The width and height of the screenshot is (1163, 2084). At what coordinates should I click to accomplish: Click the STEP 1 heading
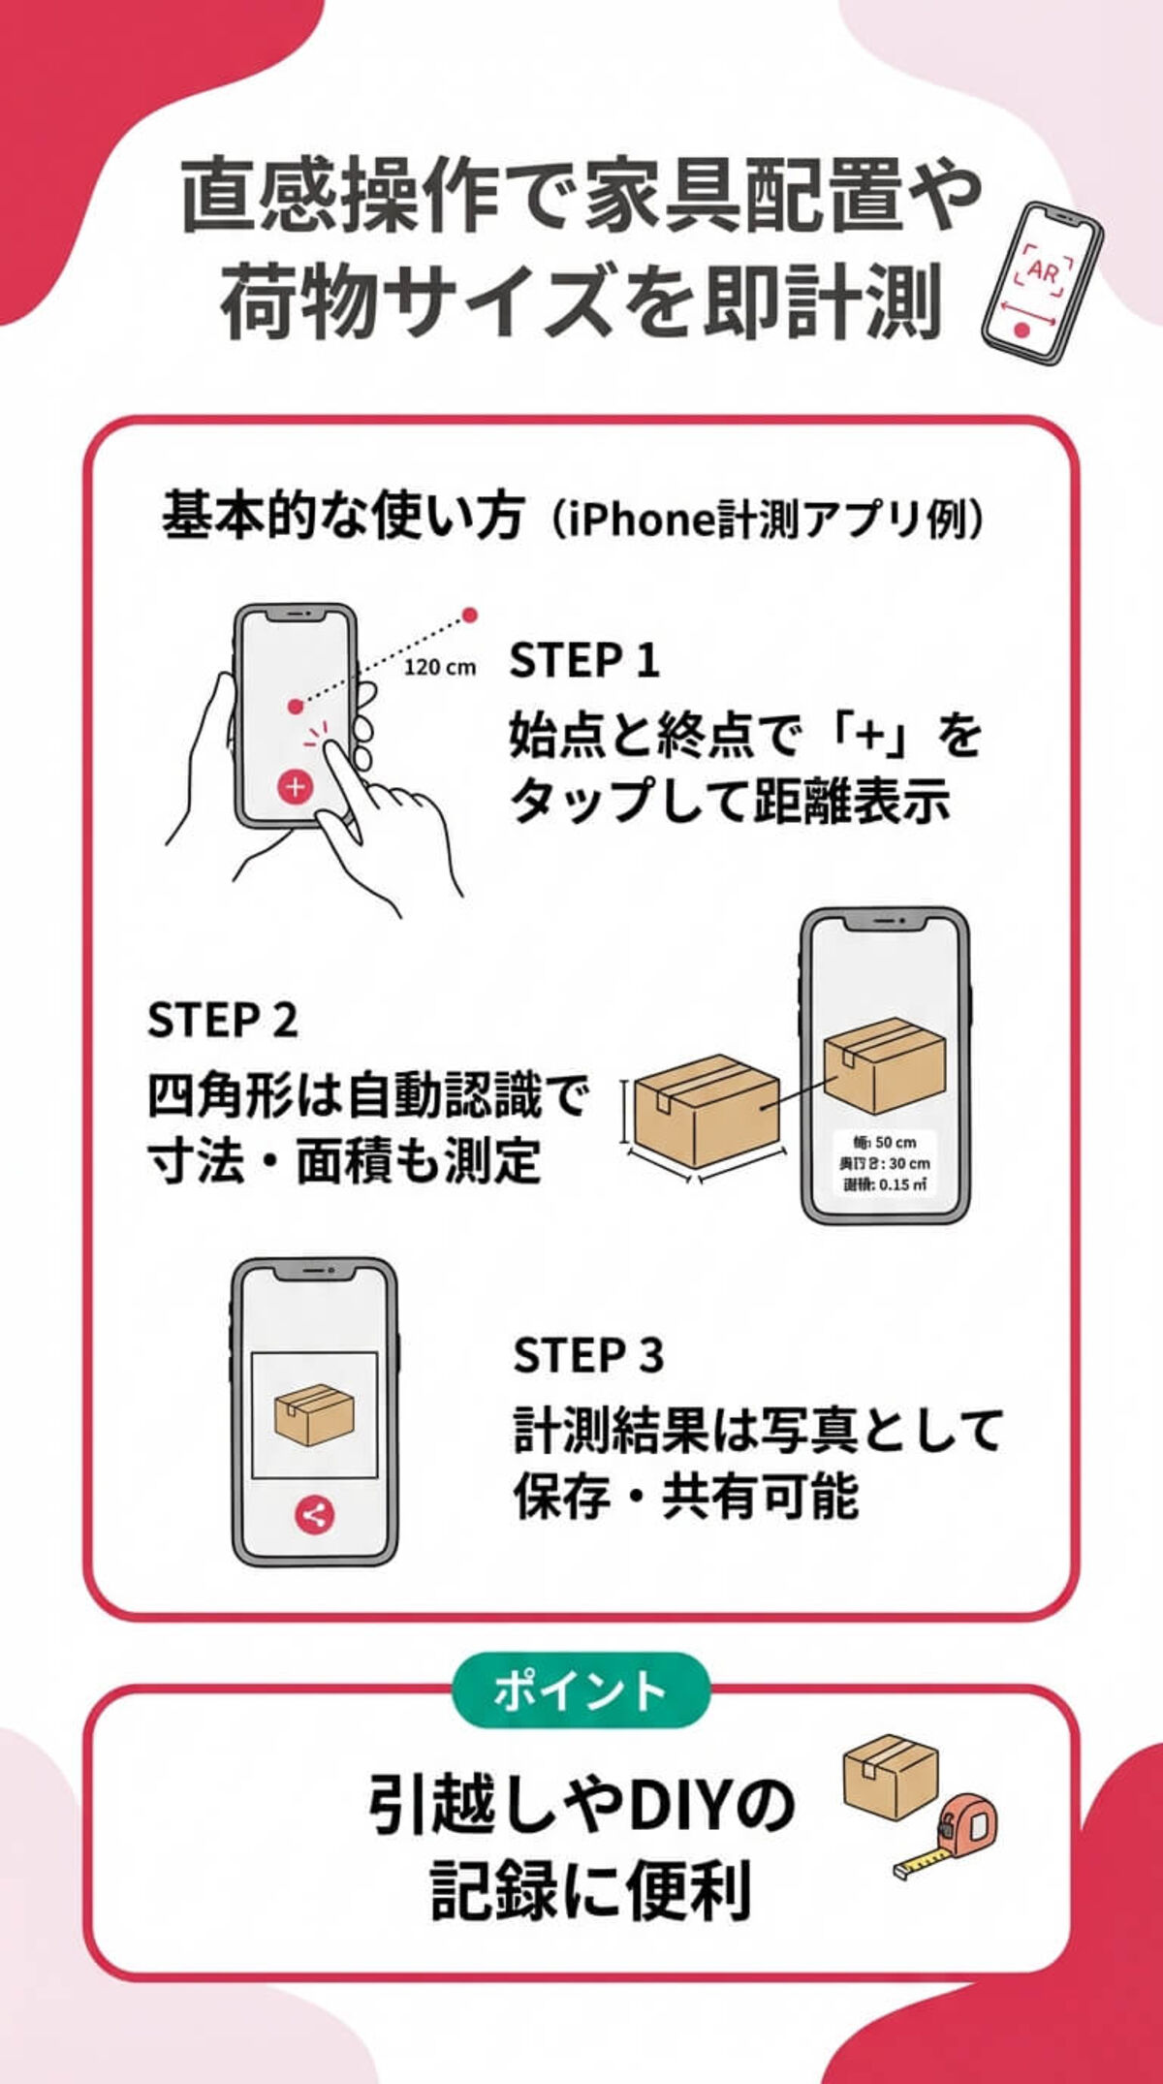click(x=584, y=661)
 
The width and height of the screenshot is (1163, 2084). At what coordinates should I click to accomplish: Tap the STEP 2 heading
click(x=222, y=1020)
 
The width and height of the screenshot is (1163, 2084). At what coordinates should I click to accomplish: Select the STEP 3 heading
click(x=588, y=1355)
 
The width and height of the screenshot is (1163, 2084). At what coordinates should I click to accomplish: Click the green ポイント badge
click(x=581, y=1690)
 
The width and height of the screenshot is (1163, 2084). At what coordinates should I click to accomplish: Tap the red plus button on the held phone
click(x=295, y=786)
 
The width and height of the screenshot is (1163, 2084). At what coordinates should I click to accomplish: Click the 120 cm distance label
click(x=440, y=667)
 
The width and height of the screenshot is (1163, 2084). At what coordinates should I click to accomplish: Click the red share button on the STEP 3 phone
click(x=313, y=1514)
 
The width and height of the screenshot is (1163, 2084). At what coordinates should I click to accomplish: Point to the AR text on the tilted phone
click(x=1044, y=272)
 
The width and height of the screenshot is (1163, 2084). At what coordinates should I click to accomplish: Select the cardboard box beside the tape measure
click(x=890, y=1776)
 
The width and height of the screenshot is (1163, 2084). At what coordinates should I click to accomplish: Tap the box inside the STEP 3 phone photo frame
click(x=314, y=1414)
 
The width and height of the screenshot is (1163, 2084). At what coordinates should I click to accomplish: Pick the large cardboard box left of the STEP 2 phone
click(x=707, y=1110)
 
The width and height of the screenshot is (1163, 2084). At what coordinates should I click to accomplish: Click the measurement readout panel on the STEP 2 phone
click(x=886, y=1161)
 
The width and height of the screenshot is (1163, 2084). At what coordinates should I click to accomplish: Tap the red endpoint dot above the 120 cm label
click(x=470, y=615)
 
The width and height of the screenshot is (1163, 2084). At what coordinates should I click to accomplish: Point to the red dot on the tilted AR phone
click(x=1021, y=330)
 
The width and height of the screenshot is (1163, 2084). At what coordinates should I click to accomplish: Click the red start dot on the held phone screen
click(x=295, y=707)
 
